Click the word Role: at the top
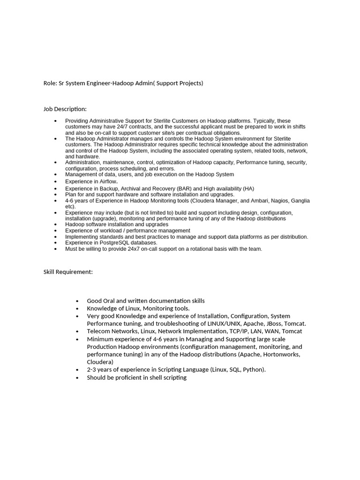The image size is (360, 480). (50, 83)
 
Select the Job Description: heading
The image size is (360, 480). (65, 109)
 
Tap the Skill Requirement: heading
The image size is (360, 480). (68, 272)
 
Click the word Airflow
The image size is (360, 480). (108, 181)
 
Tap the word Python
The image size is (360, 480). (253, 369)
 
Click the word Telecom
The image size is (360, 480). (98, 331)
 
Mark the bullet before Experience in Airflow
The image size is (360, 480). (55, 181)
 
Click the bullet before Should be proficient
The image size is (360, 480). (77, 377)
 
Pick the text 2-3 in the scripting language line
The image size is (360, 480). (92, 369)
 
